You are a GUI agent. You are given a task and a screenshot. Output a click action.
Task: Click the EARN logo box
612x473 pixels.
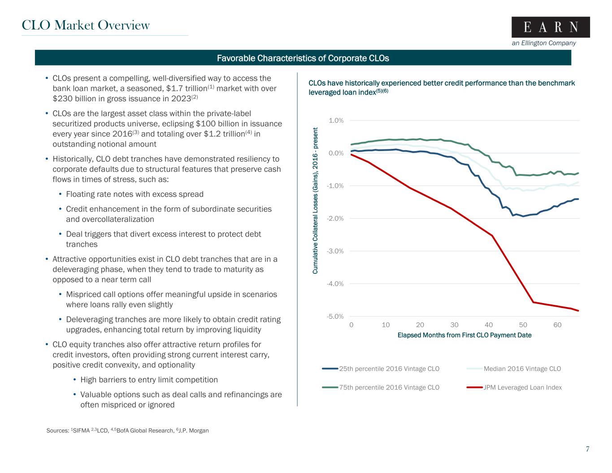pos(551,27)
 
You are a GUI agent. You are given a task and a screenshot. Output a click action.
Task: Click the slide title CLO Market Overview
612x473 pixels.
pos(86,25)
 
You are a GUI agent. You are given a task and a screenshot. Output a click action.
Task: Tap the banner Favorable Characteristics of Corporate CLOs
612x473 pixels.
pos(303,58)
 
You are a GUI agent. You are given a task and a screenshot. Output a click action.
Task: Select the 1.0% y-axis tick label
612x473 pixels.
pos(336,121)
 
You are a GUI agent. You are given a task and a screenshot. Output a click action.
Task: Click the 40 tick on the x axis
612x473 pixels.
pos(489,325)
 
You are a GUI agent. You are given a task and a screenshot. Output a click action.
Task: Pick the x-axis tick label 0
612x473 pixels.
pos(351,325)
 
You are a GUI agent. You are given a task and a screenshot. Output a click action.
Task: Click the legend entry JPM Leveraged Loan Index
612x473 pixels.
pos(522,387)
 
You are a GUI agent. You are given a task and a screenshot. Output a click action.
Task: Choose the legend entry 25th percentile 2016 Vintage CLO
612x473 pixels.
pos(389,369)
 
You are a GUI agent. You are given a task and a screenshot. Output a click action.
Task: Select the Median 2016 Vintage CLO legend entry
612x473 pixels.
pos(522,369)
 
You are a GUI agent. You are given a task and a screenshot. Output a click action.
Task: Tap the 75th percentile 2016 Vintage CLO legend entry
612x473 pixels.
pos(389,387)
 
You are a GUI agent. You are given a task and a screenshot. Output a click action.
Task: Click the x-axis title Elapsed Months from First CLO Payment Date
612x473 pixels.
pos(464,335)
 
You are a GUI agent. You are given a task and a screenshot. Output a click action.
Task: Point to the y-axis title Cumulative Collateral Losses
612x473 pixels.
pos(316,201)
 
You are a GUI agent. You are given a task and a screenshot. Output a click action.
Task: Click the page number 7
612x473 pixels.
pos(587,449)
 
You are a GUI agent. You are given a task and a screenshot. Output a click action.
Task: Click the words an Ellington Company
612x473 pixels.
pos(543,43)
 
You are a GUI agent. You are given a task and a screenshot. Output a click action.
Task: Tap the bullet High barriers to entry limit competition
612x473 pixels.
pos(149,380)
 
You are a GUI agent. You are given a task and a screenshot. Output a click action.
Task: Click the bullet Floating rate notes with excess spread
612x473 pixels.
pos(135,194)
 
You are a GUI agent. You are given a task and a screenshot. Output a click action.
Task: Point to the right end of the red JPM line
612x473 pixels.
pos(578,311)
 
